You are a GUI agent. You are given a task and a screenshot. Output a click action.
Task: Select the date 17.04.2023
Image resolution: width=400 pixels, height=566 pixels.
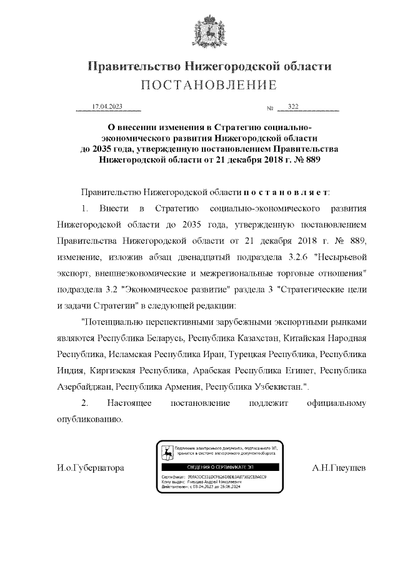[107, 107]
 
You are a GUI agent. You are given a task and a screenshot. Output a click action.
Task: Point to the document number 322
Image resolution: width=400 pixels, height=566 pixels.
[293, 107]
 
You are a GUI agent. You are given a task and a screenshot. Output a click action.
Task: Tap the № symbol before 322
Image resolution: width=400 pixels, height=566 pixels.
[271, 108]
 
